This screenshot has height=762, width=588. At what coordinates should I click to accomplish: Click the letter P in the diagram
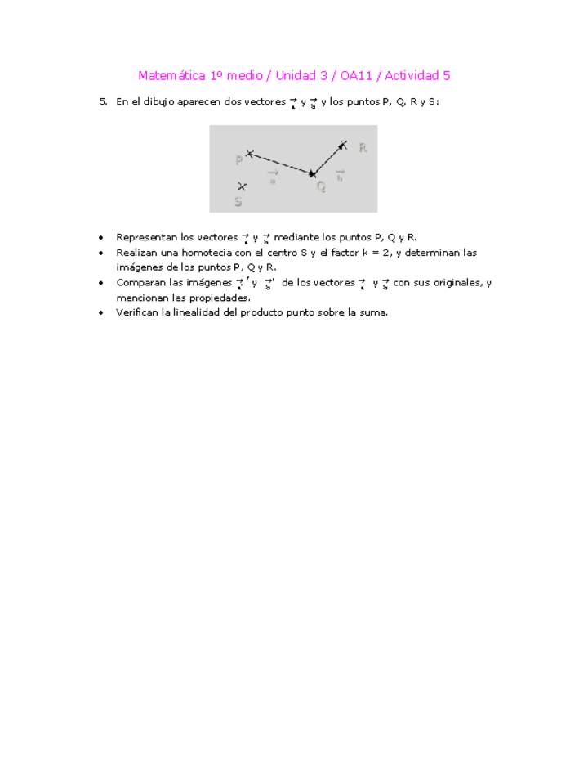tap(239, 160)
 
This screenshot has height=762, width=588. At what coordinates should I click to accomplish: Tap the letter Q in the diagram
tap(321, 186)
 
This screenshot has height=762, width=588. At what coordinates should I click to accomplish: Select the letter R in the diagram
tap(363, 148)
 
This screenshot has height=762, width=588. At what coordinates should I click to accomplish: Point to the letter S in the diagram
tap(238, 201)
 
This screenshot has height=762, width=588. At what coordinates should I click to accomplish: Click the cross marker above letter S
tap(242, 186)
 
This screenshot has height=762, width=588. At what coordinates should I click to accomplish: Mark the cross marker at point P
tap(250, 153)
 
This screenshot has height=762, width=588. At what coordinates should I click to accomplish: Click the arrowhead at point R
tap(343, 146)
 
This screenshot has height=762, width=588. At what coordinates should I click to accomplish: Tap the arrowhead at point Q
tap(311, 173)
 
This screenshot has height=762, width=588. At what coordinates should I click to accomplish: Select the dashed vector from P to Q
tap(280, 163)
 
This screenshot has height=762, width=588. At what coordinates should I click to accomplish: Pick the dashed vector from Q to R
tap(327, 159)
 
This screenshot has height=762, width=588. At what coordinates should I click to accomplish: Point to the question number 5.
tap(103, 102)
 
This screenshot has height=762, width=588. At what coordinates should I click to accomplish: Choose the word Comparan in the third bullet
tap(140, 283)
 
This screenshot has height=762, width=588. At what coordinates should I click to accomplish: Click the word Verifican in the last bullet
tap(138, 312)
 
